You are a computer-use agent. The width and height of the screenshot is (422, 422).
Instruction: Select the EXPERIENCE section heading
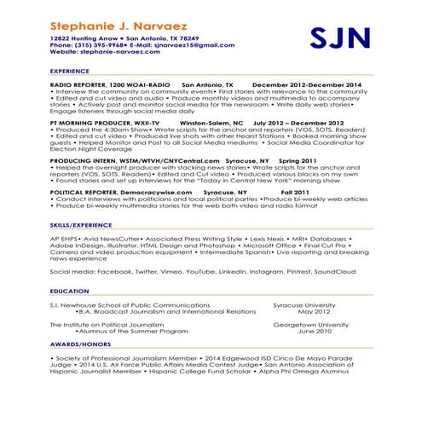pos(69,72)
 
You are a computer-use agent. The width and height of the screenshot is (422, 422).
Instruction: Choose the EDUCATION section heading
pos(69,291)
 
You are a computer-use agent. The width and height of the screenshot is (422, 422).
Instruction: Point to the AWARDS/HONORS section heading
pos(78,345)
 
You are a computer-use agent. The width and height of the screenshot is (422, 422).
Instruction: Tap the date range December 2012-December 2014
pos(306,85)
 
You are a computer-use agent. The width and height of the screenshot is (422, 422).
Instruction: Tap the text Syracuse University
pos(309,304)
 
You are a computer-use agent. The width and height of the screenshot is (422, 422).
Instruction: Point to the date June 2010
pos(311,332)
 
